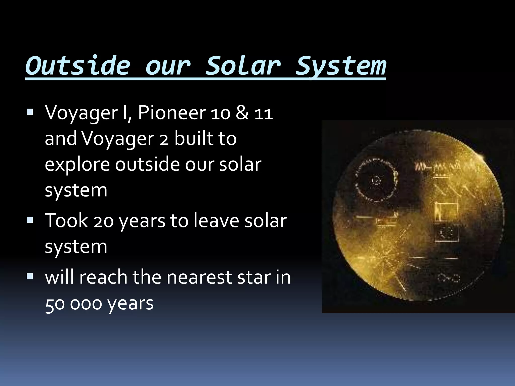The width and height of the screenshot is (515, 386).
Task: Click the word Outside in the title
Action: tap(78, 66)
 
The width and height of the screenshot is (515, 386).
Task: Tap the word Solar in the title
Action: tap(243, 66)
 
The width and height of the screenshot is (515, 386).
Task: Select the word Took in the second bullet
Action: tap(66, 220)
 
